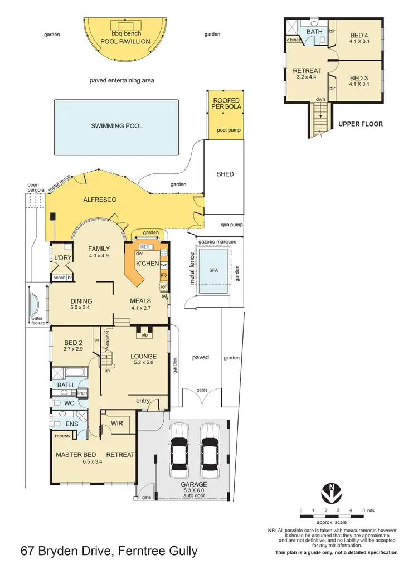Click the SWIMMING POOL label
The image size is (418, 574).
click(x=116, y=126)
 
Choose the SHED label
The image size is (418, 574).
click(x=225, y=174)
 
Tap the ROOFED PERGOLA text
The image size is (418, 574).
click(x=226, y=104)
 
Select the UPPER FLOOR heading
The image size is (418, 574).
click(x=361, y=124)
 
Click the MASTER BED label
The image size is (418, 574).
click(x=76, y=455)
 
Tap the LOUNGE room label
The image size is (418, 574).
click(x=143, y=356)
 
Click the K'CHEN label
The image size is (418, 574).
click(x=148, y=263)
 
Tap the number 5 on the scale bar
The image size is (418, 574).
click(x=363, y=510)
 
